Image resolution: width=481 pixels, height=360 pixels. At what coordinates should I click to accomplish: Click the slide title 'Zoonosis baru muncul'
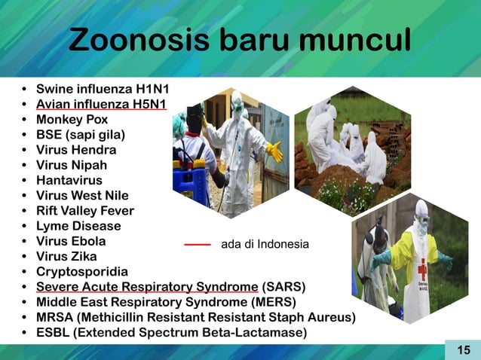tap(240, 41)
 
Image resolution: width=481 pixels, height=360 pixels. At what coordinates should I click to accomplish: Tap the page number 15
tap(463, 349)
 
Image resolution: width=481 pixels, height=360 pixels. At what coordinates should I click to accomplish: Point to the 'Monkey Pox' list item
tap(72, 119)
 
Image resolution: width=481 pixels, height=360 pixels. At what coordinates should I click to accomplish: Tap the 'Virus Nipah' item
tap(72, 165)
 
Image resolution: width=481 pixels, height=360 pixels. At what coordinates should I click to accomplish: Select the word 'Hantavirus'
tap(70, 180)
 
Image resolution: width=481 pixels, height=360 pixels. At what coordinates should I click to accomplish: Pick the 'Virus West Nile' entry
tap(82, 195)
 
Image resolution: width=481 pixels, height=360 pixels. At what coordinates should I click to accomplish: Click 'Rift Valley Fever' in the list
tap(85, 210)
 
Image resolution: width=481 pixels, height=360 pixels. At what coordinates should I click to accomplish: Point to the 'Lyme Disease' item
tap(78, 226)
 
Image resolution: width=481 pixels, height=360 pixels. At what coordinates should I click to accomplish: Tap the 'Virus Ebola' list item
tap(71, 241)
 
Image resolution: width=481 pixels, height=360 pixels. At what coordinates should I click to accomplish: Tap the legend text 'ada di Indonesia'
tap(265, 245)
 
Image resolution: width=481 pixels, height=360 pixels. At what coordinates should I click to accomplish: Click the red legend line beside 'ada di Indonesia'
tap(198, 245)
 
